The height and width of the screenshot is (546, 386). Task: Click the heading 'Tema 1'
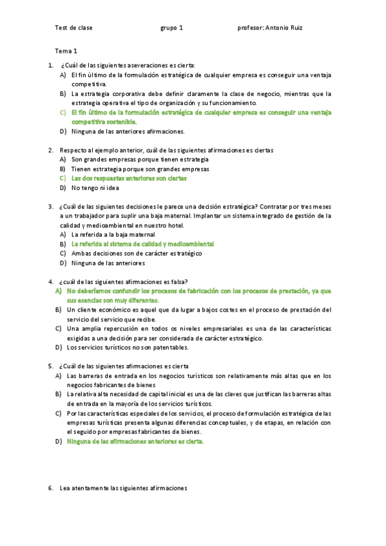pyautogui.click(x=66, y=50)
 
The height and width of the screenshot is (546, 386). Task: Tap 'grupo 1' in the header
pyautogui.click(x=171, y=28)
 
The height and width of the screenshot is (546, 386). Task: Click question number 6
pyautogui.click(x=51, y=488)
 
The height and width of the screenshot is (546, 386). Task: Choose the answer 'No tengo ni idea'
pyautogui.click(x=95, y=188)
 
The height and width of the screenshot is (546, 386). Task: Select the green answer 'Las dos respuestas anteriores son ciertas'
pyautogui.click(x=129, y=178)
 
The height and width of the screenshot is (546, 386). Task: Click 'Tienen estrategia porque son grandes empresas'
pyautogui.click(x=140, y=169)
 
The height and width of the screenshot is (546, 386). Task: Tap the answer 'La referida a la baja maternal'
pyautogui.click(x=113, y=235)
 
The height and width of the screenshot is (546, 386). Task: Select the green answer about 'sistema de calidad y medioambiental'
pyautogui.click(x=142, y=245)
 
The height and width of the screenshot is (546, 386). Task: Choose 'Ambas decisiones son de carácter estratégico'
pyautogui.click(x=137, y=254)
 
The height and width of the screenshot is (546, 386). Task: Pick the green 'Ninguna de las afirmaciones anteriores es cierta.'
pyautogui.click(x=135, y=442)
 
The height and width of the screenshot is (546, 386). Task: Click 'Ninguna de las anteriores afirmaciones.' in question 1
pyautogui.click(x=128, y=131)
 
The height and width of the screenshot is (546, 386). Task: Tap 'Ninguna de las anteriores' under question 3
pyautogui.click(x=108, y=263)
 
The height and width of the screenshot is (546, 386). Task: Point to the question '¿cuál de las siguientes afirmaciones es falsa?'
pyautogui.click(x=124, y=281)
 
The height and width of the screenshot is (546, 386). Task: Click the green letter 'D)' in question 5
pyautogui.click(x=58, y=442)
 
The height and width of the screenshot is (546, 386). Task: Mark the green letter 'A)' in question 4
pyautogui.click(x=58, y=291)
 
